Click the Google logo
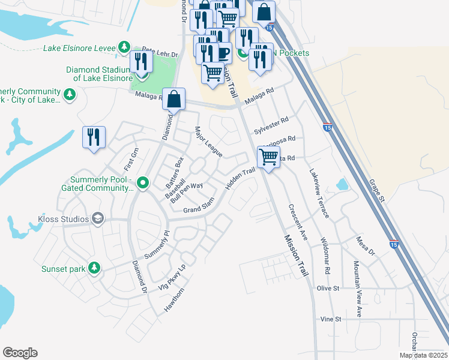coord(20,353)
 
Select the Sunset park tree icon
coord(94,268)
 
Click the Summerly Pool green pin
coord(142,182)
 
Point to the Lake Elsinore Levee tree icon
coord(124,46)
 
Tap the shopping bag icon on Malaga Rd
coord(173,99)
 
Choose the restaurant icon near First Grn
coord(94,137)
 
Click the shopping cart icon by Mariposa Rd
coord(269,157)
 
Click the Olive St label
coord(328,289)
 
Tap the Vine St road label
coord(331,319)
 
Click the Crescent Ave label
coord(298,223)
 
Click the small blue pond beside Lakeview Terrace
coord(342,185)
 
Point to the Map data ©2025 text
coord(423,355)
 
